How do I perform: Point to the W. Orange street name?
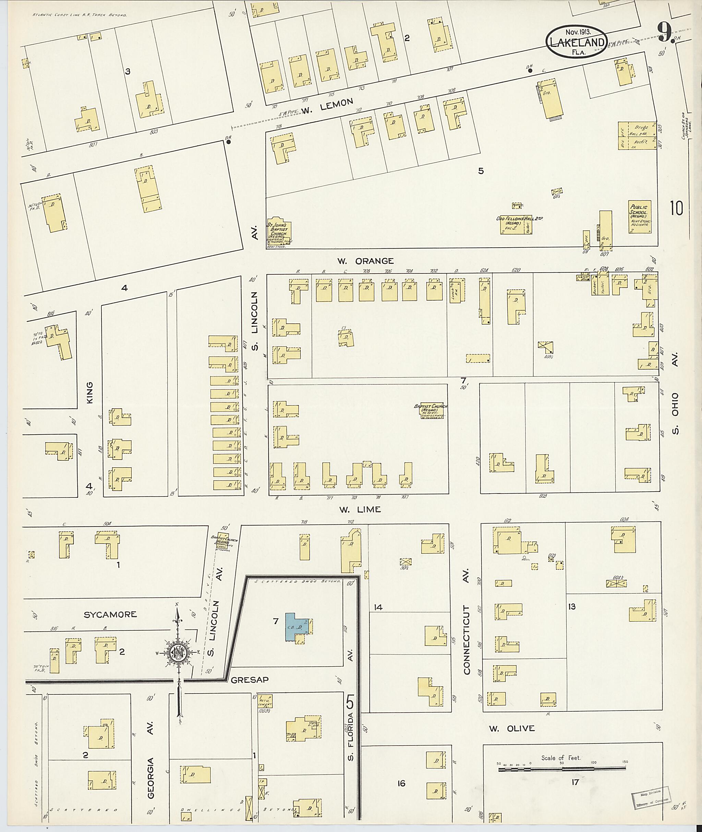[x=365, y=261]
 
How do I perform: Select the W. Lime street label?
[x=360, y=509]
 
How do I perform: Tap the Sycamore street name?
[x=110, y=614]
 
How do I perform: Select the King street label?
[x=89, y=393]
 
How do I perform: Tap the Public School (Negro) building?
[x=640, y=217]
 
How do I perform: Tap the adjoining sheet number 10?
[x=676, y=208]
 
